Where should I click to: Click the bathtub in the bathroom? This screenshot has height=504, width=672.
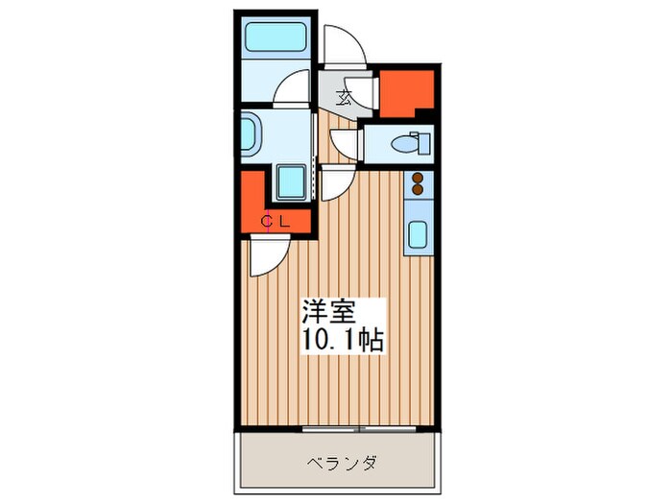(x=276, y=37)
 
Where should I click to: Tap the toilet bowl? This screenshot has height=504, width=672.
(x=403, y=144)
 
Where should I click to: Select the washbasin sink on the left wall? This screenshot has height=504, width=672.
(x=248, y=134)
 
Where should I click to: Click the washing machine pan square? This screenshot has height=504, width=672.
(x=291, y=181)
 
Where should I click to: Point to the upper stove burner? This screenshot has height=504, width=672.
(x=418, y=178)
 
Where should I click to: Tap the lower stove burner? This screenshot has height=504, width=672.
(x=418, y=189)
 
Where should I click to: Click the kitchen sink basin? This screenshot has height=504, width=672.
(x=418, y=235)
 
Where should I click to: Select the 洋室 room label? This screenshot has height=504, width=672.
(x=328, y=311)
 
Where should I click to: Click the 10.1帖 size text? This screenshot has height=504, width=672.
(x=343, y=340)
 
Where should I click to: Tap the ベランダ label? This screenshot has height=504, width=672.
(x=343, y=463)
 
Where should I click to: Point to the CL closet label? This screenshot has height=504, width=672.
(x=276, y=222)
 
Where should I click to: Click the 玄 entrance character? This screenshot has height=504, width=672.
(x=344, y=98)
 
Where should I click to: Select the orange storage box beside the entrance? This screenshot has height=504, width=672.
(x=407, y=93)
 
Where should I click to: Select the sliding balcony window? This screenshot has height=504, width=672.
(x=359, y=428)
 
